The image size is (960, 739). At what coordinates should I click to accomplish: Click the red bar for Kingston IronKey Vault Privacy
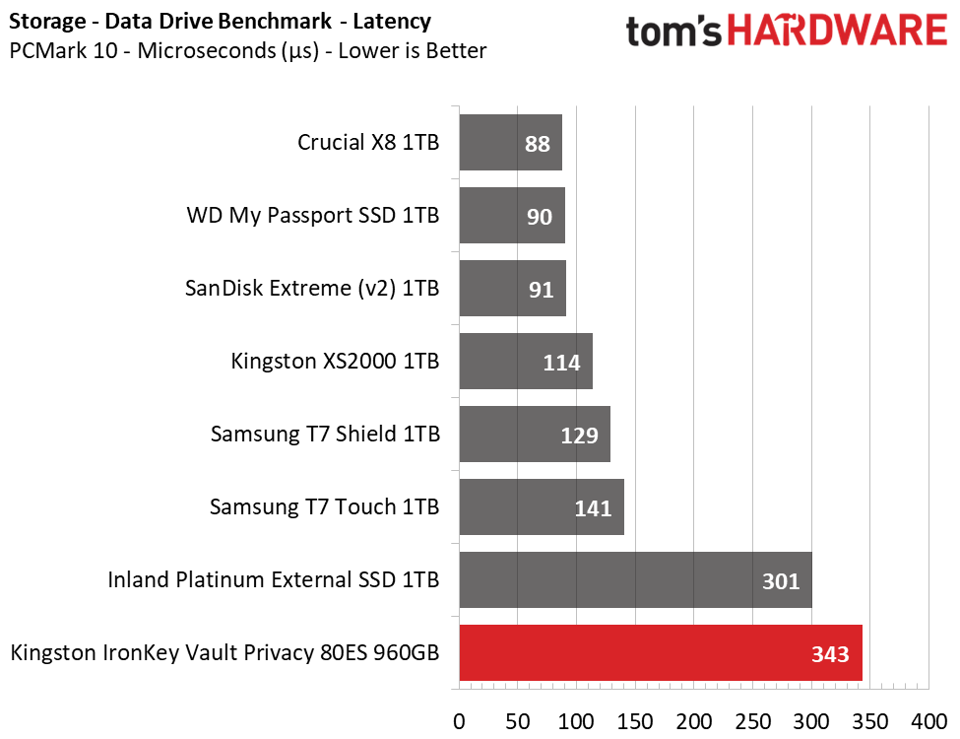tap(660, 652)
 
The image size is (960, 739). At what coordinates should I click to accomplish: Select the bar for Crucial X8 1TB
tap(510, 143)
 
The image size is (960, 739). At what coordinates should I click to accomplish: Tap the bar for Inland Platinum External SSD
tap(635, 579)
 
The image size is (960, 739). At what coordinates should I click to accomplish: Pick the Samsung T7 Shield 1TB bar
tap(534, 435)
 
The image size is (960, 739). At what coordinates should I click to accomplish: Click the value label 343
tap(829, 653)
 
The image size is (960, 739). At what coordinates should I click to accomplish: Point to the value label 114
tap(561, 363)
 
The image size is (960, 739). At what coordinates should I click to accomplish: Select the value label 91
tap(541, 290)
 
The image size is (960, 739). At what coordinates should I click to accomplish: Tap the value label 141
tap(593, 508)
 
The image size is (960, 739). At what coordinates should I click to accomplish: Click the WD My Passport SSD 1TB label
tap(313, 216)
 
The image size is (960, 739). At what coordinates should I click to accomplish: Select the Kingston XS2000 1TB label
tap(335, 362)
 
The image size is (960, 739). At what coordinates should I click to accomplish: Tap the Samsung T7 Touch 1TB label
tap(324, 507)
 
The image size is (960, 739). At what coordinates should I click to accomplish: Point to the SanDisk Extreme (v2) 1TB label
tap(312, 289)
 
